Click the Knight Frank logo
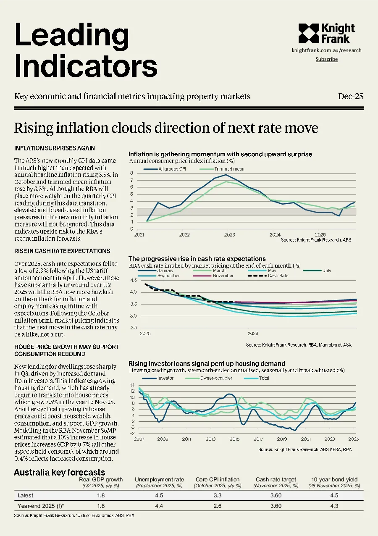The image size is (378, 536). [x=327, y=33]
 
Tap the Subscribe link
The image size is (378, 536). [x=327, y=59]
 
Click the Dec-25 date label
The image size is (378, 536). [x=351, y=96]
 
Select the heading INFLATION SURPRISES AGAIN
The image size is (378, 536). [x=55, y=148]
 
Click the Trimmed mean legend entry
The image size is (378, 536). [x=222, y=169]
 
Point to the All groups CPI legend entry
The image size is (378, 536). [x=165, y=169]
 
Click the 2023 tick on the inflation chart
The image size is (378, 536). [x=229, y=235]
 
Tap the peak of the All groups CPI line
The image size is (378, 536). [x=226, y=175]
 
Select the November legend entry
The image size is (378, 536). [x=213, y=276]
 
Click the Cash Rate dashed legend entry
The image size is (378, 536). [x=268, y=276]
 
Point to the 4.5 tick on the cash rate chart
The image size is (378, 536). [x=134, y=280]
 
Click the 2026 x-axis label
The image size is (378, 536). [x=253, y=334]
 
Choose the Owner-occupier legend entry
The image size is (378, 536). [x=209, y=378]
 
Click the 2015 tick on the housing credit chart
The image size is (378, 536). [x=234, y=439]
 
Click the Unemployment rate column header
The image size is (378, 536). [x=159, y=480]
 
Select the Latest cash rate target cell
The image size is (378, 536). [x=276, y=495]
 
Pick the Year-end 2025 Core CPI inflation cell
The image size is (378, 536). [x=218, y=506]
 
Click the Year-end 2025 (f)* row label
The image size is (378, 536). [x=41, y=506]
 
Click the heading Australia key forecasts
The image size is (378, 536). [x=60, y=472]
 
